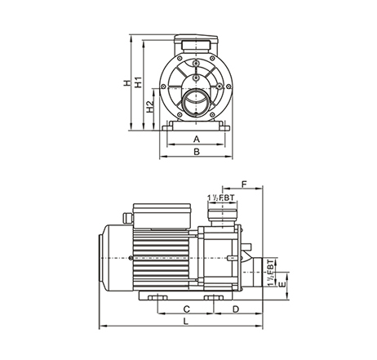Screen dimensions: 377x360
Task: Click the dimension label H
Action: (x=126, y=82)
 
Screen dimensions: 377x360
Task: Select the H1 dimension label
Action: (x=139, y=82)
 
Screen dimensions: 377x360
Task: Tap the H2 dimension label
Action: (x=150, y=107)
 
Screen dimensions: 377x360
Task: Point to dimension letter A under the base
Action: (x=197, y=140)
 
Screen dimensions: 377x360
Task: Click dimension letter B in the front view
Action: (x=197, y=152)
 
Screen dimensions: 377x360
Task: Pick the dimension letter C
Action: (x=187, y=309)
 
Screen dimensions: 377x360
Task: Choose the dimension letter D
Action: (x=236, y=309)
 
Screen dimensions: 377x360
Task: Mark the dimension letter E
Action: (x=283, y=284)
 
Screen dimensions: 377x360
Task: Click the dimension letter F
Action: (x=244, y=184)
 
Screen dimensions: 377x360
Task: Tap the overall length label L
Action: (x=186, y=322)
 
